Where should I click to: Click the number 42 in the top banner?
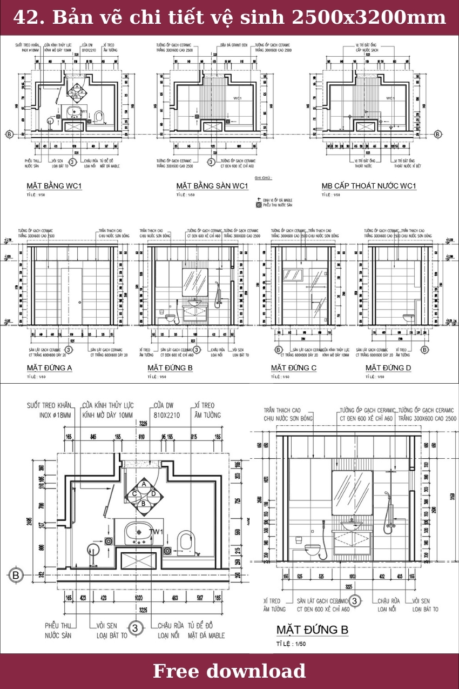tap(25, 17)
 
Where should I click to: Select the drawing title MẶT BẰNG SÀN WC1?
tap(212, 186)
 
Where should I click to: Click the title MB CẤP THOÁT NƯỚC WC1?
tap(369, 186)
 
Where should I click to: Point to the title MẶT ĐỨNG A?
tap(49, 368)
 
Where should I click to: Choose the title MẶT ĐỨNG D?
tap(388, 368)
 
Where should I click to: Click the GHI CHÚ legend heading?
tap(263, 178)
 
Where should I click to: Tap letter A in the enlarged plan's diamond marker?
tap(144, 484)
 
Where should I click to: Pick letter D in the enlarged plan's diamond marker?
tap(154, 493)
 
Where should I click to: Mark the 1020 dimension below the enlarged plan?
tap(139, 598)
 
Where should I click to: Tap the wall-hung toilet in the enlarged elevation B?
tap(314, 551)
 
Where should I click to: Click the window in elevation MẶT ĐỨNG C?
tap(294, 274)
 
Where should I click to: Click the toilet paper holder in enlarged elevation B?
tap(298, 538)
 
